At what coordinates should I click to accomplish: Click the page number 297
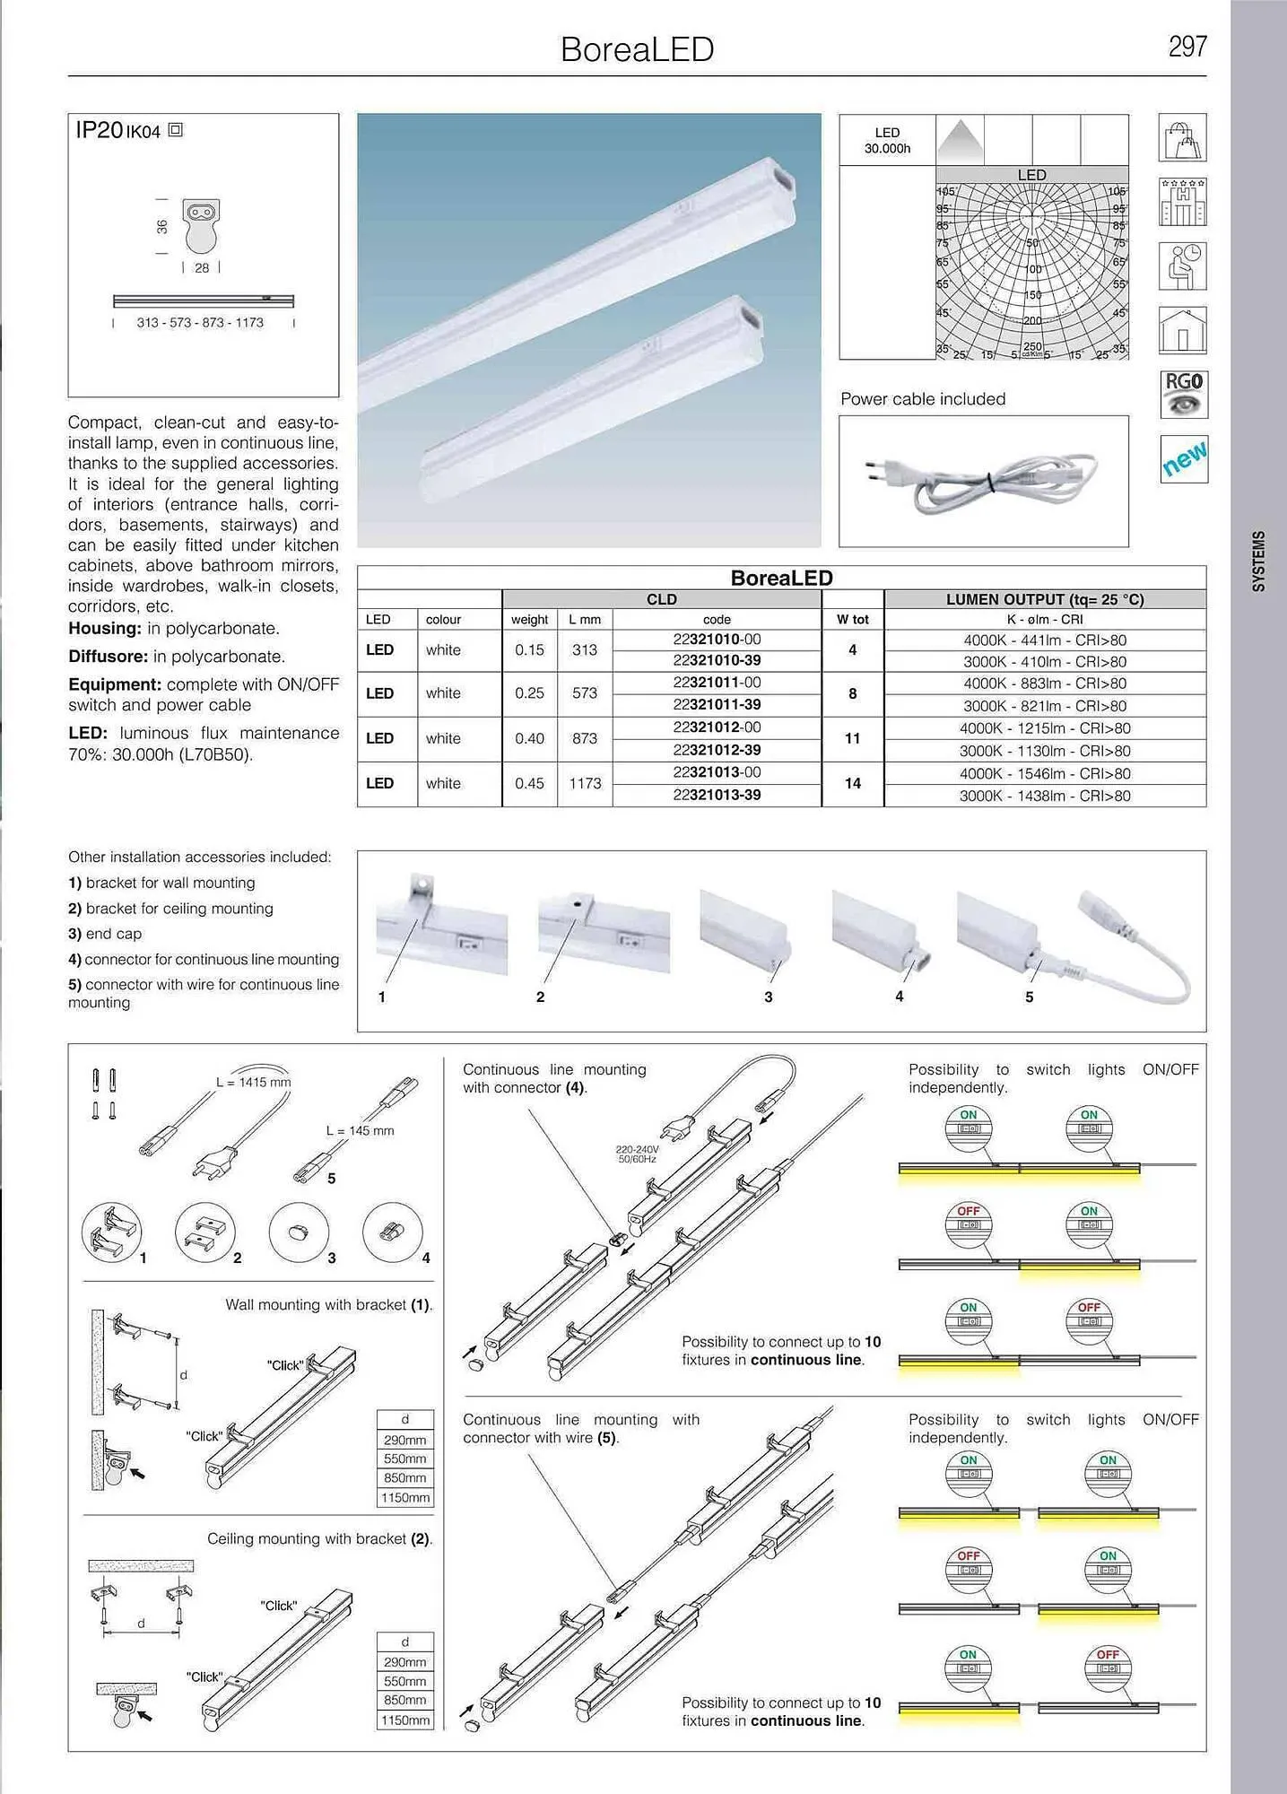1187,47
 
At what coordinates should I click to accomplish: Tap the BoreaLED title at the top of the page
637,49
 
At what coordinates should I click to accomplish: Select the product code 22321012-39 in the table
717,750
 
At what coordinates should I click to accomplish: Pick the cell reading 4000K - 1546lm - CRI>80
1045,773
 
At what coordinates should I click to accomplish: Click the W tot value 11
852,738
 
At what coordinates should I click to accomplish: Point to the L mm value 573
584,692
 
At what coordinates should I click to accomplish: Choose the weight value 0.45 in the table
529,783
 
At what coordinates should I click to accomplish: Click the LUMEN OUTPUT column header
1045,599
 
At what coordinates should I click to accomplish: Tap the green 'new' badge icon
1183,458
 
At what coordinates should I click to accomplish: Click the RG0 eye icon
1183,395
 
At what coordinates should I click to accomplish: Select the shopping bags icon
1182,138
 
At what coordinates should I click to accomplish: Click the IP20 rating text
99,131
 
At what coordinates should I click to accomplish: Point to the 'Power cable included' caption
923,399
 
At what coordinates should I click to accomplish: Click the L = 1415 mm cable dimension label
253,1082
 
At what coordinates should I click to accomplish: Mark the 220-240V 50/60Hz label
637,1154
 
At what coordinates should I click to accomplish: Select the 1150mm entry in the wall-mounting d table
405,1497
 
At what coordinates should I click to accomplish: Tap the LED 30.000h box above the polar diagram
887,140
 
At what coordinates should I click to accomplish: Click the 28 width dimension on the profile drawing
202,268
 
